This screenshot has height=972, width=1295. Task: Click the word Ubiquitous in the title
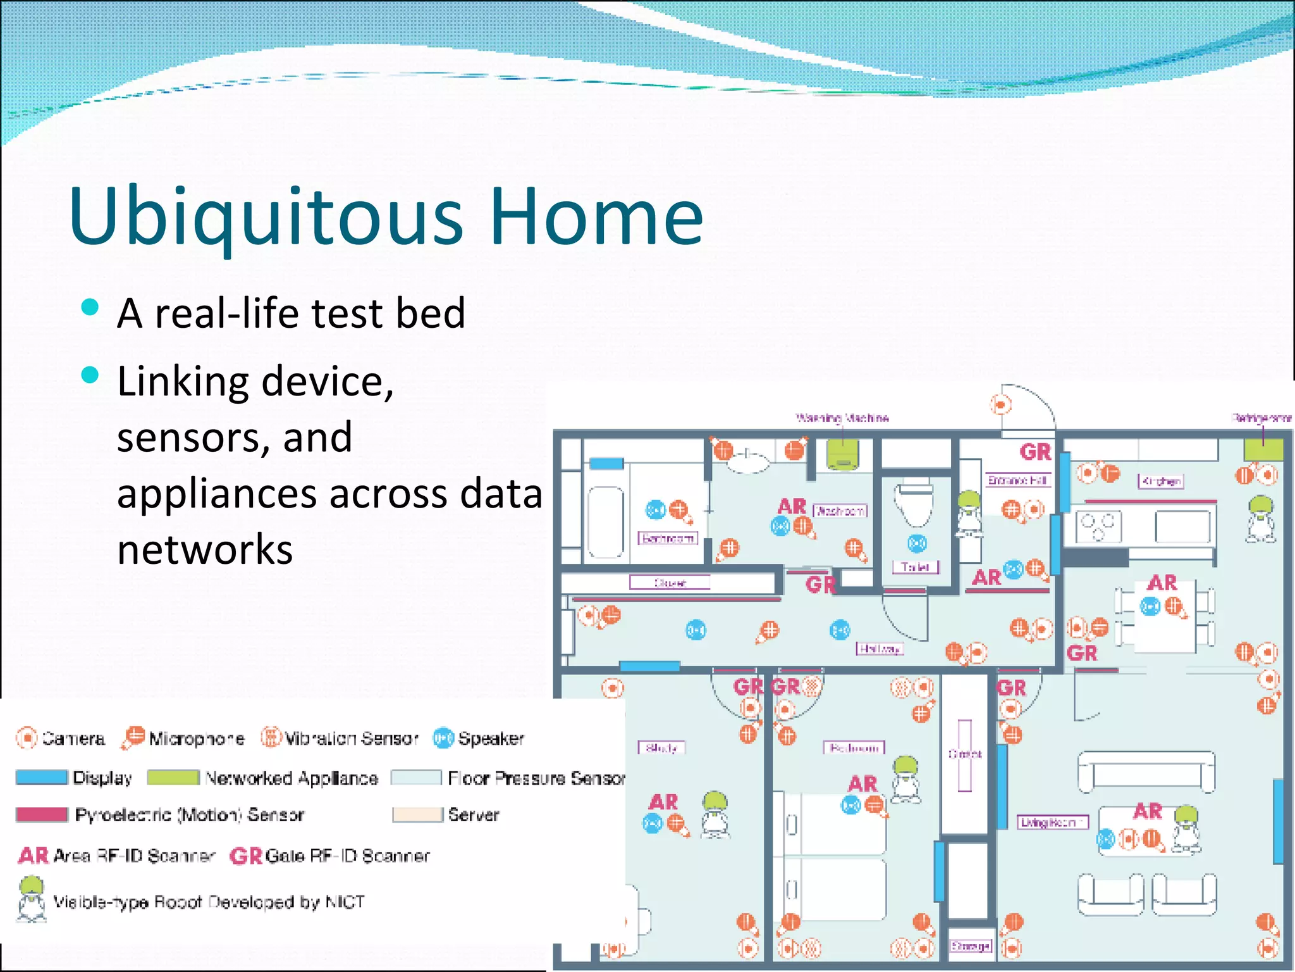(x=266, y=216)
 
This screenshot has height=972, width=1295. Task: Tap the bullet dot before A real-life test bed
(x=90, y=308)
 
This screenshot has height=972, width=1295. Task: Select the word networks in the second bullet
(x=205, y=549)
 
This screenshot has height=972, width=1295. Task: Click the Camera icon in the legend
(x=27, y=738)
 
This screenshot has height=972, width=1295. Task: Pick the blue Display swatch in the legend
(x=41, y=777)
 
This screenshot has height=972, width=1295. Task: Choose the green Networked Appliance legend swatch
(x=173, y=777)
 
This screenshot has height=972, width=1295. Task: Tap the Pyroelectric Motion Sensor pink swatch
(x=41, y=814)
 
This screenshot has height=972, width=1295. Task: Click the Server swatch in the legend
(x=417, y=814)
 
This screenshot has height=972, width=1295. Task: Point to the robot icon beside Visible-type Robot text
(x=31, y=899)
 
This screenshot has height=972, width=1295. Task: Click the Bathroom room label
(x=668, y=539)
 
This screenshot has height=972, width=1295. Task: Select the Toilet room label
(x=916, y=567)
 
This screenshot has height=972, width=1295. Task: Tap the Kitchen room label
(x=1160, y=481)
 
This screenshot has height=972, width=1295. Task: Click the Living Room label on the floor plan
(x=1052, y=822)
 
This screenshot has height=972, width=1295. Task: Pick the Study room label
(x=661, y=748)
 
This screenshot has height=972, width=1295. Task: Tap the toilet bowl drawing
(x=914, y=503)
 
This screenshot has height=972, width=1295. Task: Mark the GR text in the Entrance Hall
(x=1035, y=452)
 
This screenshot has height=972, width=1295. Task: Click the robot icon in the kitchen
(x=1260, y=519)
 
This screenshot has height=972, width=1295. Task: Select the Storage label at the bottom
(x=971, y=946)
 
